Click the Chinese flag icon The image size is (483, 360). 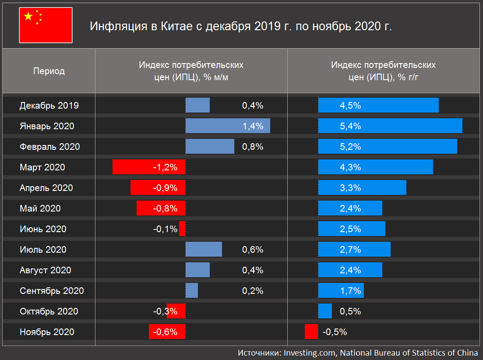click(46, 25)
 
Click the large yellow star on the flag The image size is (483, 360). click(28, 17)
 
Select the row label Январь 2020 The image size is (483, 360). click(47, 126)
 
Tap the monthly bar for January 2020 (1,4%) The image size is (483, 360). click(228, 126)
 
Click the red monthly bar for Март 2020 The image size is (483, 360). click(149, 167)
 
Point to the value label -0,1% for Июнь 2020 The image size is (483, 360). click(165, 229)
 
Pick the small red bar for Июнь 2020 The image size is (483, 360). click(182, 229)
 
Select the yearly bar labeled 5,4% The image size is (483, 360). click(390, 126)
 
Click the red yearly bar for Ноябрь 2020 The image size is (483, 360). click(311, 332)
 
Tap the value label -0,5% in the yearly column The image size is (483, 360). click(335, 332)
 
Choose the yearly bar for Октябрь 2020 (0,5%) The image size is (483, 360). click(325, 311)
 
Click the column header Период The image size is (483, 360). click(49, 71)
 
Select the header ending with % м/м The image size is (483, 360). click(191, 71)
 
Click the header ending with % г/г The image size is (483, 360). click(383, 71)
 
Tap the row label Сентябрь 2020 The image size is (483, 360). click(52, 291)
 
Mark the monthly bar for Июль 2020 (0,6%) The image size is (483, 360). click(204, 250)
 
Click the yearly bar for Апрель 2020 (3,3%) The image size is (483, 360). click(362, 188)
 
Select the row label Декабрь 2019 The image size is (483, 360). click(49, 106)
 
